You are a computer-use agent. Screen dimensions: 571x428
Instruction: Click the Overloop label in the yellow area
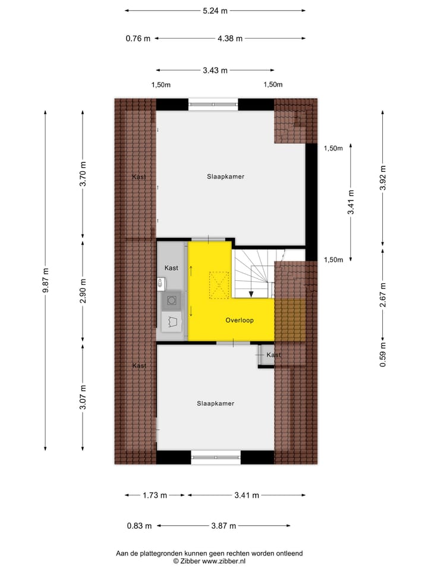[x=240, y=321]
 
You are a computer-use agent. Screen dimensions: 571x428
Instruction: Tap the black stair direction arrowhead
[x=251, y=293]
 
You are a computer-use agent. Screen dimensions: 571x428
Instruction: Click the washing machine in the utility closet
[x=171, y=301]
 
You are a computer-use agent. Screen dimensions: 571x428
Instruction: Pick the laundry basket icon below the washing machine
[x=172, y=322]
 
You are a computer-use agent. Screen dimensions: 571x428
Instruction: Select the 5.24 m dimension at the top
[x=215, y=10]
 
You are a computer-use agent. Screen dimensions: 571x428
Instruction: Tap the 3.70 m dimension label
[x=83, y=174]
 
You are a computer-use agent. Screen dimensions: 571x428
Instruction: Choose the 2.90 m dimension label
[x=83, y=291]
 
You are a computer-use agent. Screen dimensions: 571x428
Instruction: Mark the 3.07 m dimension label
[x=83, y=397]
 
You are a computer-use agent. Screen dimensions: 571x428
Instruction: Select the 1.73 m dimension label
[x=154, y=495]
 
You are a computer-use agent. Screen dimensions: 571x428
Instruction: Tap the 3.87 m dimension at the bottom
[x=224, y=526]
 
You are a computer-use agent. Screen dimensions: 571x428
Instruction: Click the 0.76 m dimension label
[x=138, y=39]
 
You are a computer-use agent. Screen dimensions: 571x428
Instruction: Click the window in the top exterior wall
[x=213, y=105]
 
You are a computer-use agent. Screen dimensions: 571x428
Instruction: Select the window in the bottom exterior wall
[x=215, y=457]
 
